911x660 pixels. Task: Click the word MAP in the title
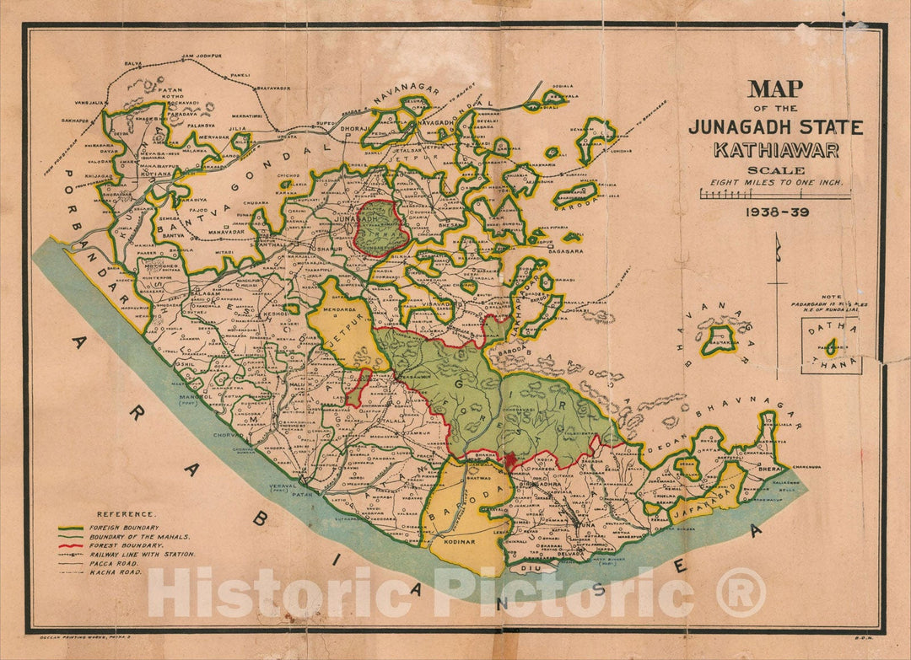pyautogui.click(x=775, y=89)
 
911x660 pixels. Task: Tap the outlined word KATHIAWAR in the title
pyautogui.click(x=775, y=151)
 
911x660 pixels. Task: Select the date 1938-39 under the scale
pyautogui.click(x=775, y=212)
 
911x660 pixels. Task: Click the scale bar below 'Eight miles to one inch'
pyautogui.click(x=775, y=195)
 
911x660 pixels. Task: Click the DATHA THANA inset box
pyautogui.click(x=831, y=346)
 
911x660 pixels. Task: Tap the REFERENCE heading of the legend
pyautogui.click(x=126, y=513)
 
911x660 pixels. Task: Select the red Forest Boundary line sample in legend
pyautogui.click(x=73, y=545)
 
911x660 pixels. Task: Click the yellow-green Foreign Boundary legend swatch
pyautogui.click(x=73, y=527)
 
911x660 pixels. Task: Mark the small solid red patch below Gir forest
pyautogui.click(x=510, y=459)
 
